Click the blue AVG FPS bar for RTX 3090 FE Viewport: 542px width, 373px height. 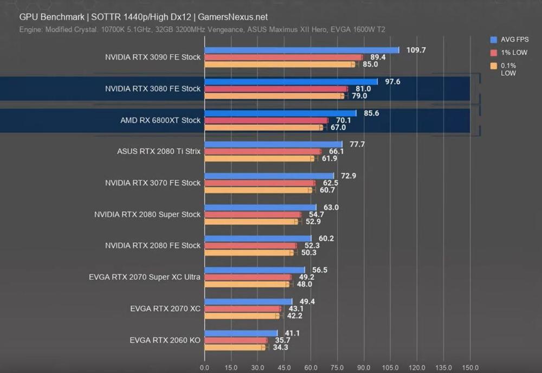point(301,50)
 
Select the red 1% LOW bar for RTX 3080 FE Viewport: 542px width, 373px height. point(276,89)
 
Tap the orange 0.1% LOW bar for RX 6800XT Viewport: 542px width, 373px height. point(263,127)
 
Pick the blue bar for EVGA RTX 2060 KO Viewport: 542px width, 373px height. point(241,333)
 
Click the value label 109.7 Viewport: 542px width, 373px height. point(416,50)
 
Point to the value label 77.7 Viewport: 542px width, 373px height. point(357,144)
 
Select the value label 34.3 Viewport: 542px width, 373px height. point(279,348)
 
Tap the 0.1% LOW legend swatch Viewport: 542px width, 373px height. point(493,66)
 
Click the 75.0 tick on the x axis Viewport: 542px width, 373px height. point(337,367)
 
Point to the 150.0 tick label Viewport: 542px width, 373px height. point(470,367)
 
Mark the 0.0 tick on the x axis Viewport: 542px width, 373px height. point(204,367)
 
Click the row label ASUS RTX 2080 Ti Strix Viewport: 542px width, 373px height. point(159,151)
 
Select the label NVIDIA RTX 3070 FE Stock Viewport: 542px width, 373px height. point(153,183)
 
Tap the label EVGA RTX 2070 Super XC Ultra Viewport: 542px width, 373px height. point(145,277)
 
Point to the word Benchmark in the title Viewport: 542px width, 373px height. point(59,17)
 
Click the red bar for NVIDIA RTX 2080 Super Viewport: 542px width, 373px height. point(253,215)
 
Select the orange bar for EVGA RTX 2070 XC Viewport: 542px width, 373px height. point(242,316)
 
